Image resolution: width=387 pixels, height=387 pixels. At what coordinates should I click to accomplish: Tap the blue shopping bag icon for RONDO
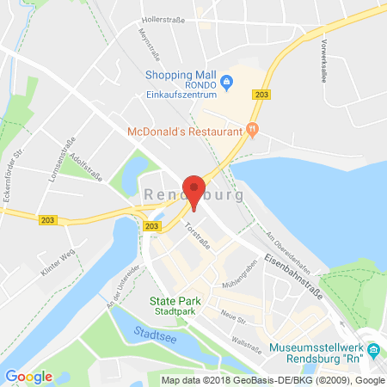(x=226, y=83)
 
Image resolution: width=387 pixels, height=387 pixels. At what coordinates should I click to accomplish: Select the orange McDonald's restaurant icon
(x=252, y=130)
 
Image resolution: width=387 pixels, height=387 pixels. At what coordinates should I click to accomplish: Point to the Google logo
(x=28, y=376)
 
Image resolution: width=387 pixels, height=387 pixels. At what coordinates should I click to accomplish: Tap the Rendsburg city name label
(x=194, y=195)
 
